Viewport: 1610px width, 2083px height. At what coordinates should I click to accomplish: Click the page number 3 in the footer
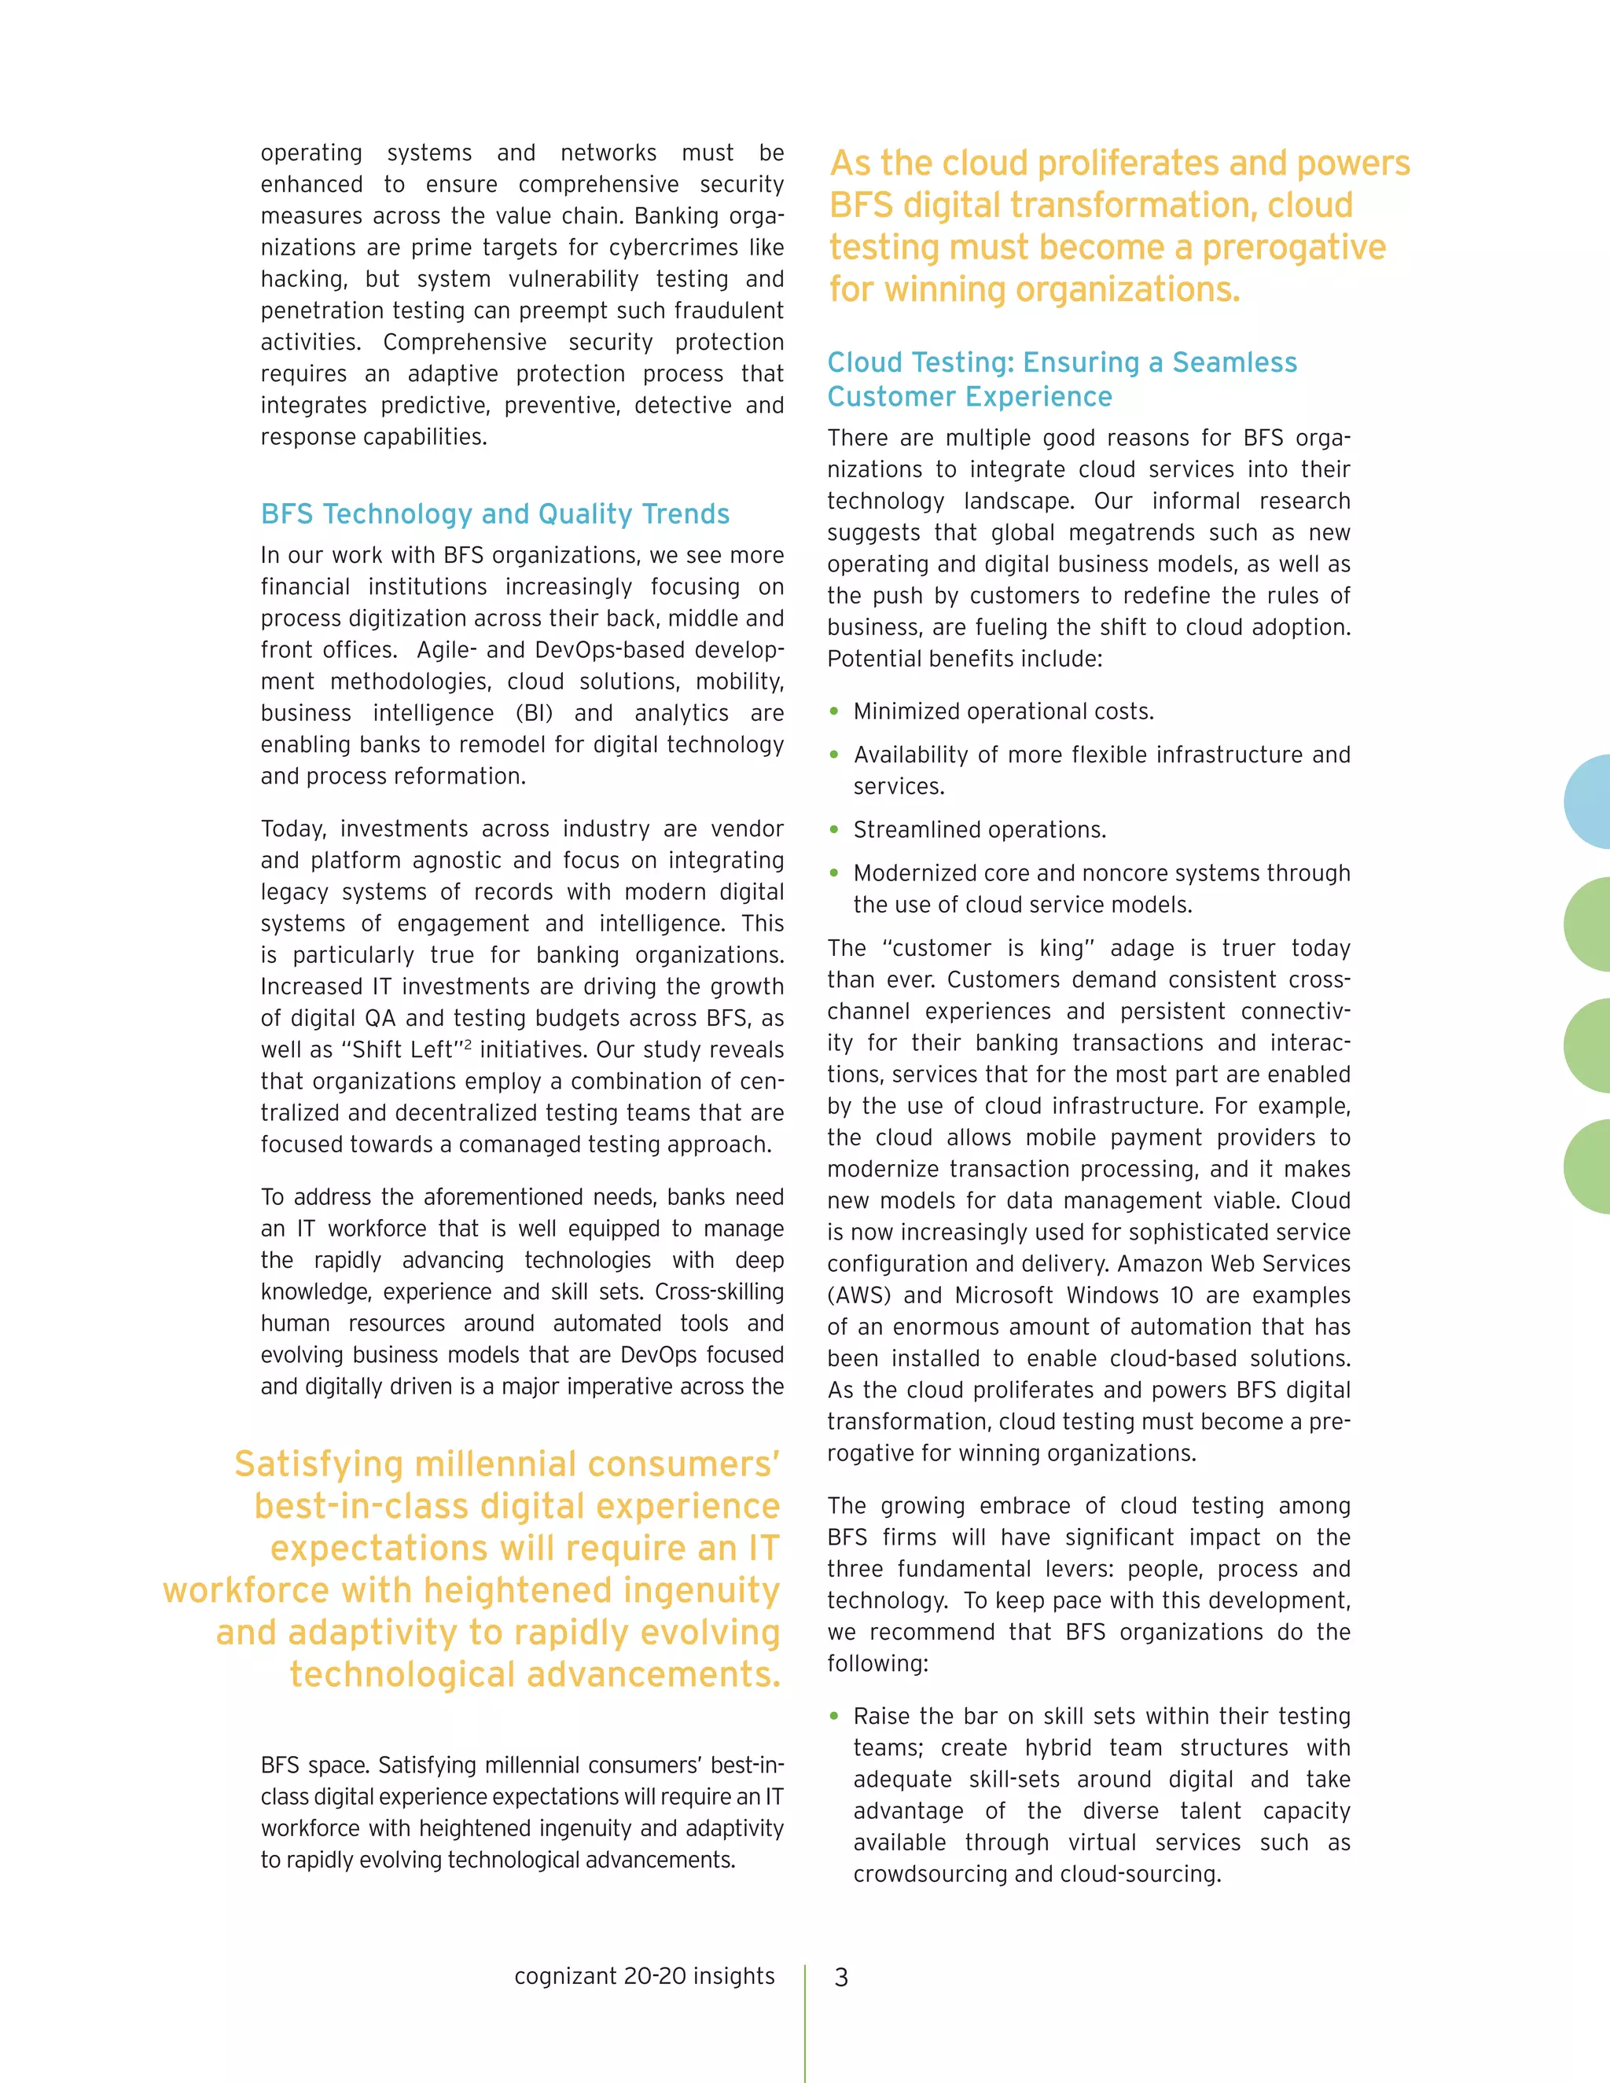pos(840,1977)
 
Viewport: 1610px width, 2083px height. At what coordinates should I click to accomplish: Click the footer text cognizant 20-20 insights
pos(644,1976)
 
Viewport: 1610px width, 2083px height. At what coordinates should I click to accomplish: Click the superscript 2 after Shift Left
pos(468,1043)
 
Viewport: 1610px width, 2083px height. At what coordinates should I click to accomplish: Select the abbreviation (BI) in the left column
pos(534,714)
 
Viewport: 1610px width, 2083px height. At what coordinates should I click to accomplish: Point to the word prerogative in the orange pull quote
pos(1292,248)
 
